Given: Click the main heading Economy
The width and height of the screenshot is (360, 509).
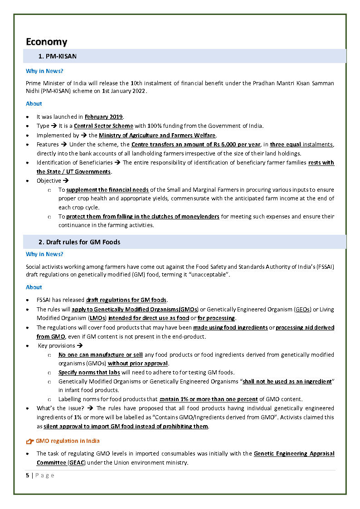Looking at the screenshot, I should tap(46, 42).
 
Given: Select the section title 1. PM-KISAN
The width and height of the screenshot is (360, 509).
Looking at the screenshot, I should tap(58, 56).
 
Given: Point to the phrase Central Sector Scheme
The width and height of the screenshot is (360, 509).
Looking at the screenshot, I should tap(103, 126).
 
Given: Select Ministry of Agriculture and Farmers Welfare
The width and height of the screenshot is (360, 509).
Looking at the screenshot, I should tap(157, 135).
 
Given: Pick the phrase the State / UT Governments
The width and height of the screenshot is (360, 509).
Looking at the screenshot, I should tap(73, 172).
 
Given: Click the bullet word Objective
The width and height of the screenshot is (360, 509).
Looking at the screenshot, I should tap(49, 181).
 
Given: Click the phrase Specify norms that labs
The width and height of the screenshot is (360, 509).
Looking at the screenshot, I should tap(89, 373).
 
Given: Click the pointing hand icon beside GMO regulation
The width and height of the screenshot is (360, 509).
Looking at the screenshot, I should tap(30, 441).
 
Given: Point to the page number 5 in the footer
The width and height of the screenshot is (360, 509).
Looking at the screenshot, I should tap(28, 475).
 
